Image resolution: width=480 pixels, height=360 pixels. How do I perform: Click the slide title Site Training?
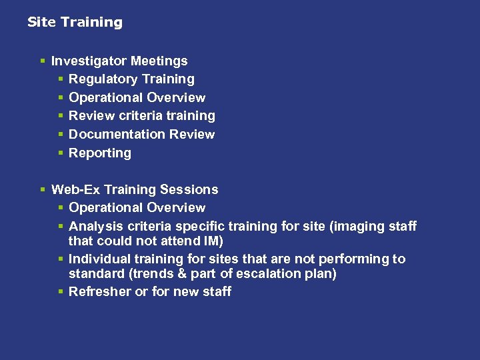(75, 22)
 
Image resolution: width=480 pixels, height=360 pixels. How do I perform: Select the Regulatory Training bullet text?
(131, 79)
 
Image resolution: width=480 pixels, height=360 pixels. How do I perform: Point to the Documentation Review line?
(141, 134)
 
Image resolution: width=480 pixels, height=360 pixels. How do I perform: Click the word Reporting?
(100, 153)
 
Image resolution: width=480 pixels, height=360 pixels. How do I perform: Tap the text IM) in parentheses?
(213, 240)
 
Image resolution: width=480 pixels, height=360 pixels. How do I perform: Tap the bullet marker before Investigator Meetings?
(43, 61)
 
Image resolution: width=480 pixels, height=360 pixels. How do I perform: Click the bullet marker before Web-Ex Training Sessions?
(43, 190)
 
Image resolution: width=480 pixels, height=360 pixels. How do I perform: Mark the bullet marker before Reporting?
(61, 153)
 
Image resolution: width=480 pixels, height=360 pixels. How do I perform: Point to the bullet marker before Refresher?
(61, 292)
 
